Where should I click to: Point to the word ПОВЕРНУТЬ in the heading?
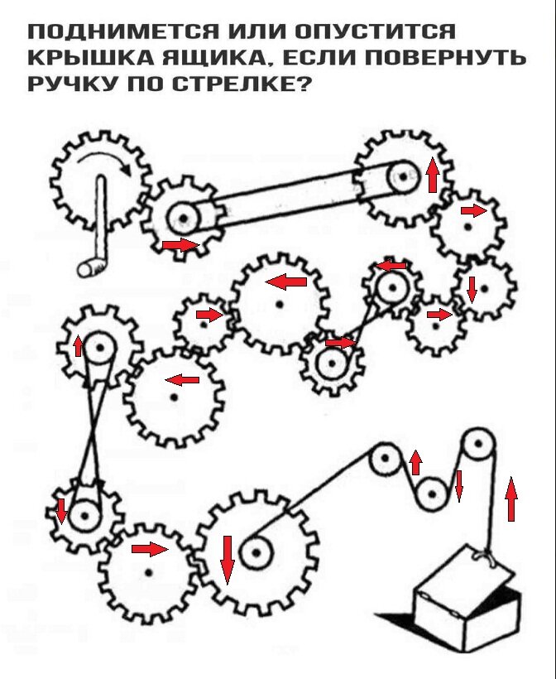[446, 57]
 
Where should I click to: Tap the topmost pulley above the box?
[478, 445]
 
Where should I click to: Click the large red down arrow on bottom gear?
[228, 560]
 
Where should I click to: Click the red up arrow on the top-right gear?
[433, 175]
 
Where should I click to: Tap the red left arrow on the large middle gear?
[286, 282]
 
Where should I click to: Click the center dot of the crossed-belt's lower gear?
[84, 515]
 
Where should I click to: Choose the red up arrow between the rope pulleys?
[416, 463]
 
